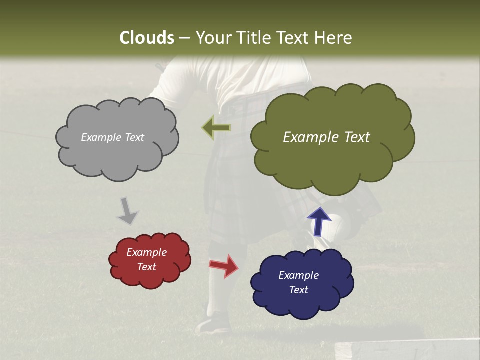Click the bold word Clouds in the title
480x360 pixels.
[x=146, y=38]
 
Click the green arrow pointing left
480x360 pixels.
[x=216, y=128]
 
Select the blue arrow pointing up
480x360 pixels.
[x=318, y=222]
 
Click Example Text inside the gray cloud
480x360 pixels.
[x=112, y=137]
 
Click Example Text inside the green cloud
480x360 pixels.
[x=326, y=137]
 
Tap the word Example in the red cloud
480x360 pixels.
[x=146, y=252]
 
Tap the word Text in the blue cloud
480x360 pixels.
[x=298, y=290]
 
